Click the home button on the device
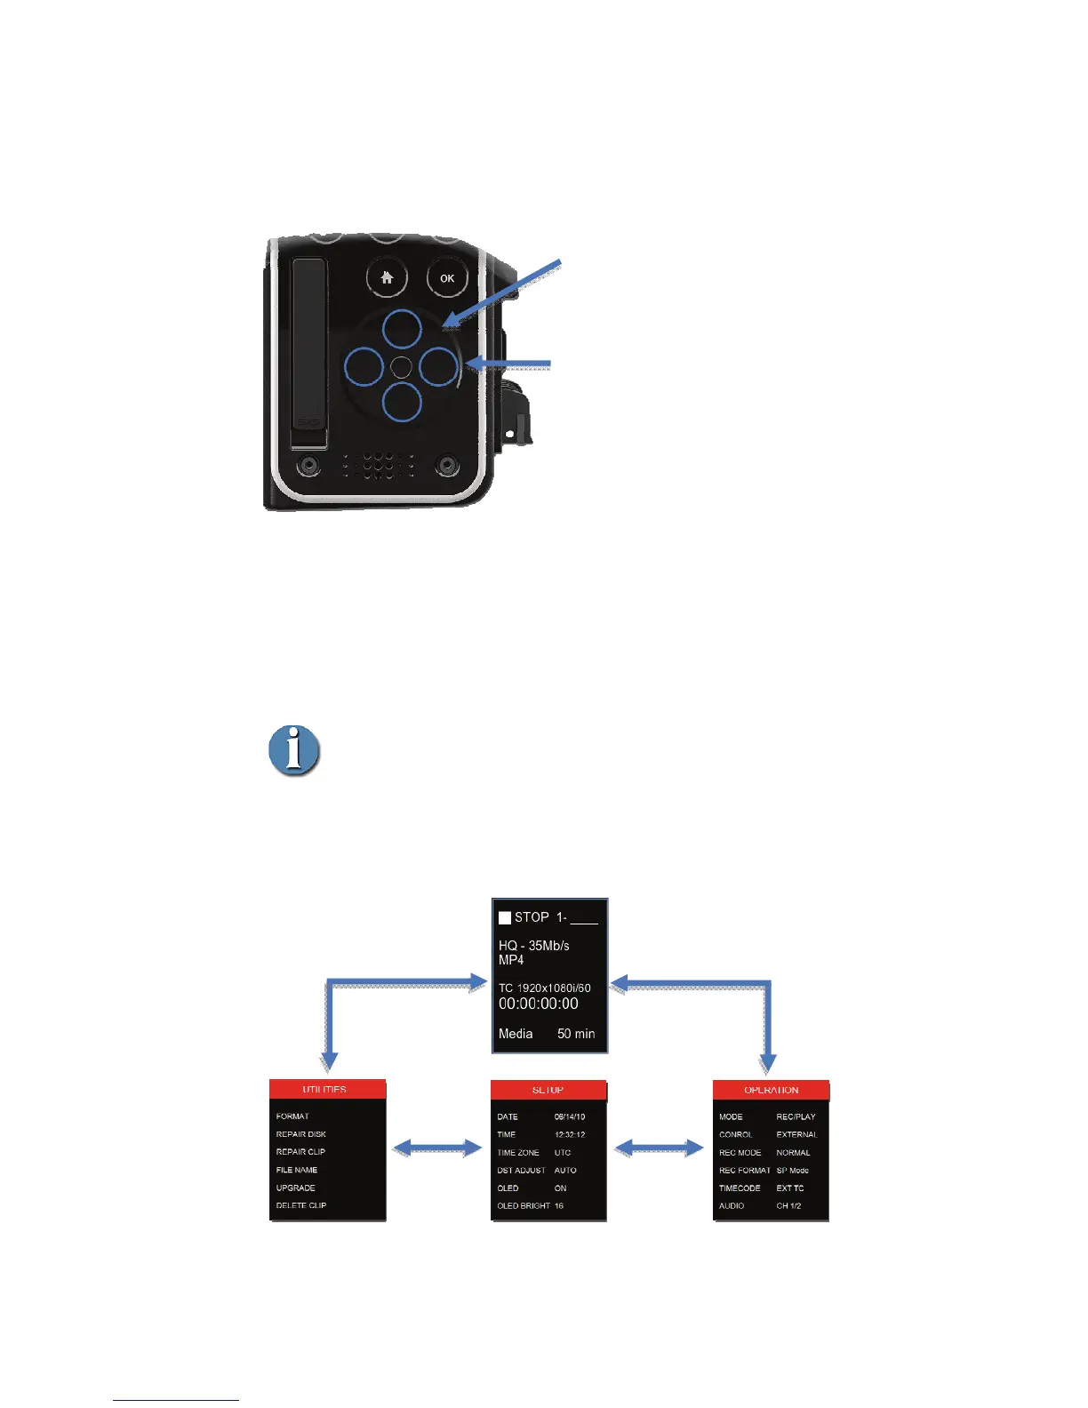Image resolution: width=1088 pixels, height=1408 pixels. [x=387, y=278]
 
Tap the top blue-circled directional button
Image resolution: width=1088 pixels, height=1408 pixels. [x=402, y=329]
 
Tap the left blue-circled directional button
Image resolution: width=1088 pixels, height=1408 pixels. [x=364, y=366]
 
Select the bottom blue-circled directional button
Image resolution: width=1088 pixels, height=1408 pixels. [x=402, y=402]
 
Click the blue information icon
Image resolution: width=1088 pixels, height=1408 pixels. [x=294, y=751]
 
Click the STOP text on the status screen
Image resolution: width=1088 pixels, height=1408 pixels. [x=532, y=917]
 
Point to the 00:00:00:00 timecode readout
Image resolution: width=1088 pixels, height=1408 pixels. [x=539, y=1004]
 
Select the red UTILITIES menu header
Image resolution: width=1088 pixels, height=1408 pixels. [x=327, y=1090]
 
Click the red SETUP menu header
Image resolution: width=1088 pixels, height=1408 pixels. [x=548, y=1090]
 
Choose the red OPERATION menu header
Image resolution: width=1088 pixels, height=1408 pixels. [x=771, y=1090]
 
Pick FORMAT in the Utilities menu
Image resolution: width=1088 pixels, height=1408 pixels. [x=292, y=1116]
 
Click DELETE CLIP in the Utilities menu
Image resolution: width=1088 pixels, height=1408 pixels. [x=301, y=1205]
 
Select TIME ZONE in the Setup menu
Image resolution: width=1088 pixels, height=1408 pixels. [x=518, y=1153]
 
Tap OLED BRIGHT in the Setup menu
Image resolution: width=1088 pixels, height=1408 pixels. [x=524, y=1206]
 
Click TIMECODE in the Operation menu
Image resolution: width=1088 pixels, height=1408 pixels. [x=740, y=1188]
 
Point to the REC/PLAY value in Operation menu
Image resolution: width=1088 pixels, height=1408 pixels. [x=796, y=1116]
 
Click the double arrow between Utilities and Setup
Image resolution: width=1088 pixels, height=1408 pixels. [x=437, y=1148]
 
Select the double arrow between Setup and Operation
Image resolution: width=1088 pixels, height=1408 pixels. [x=660, y=1148]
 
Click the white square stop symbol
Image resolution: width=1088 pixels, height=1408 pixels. [x=505, y=917]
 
